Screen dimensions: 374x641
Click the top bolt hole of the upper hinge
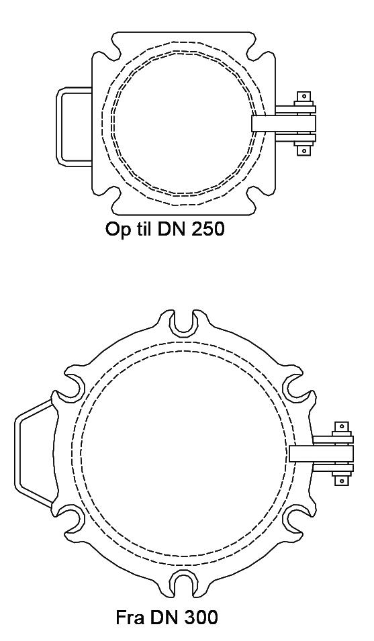tap(303, 97)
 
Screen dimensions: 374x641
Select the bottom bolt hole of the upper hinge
tap(303, 151)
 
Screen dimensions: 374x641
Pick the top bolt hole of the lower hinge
tap(341, 427)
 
